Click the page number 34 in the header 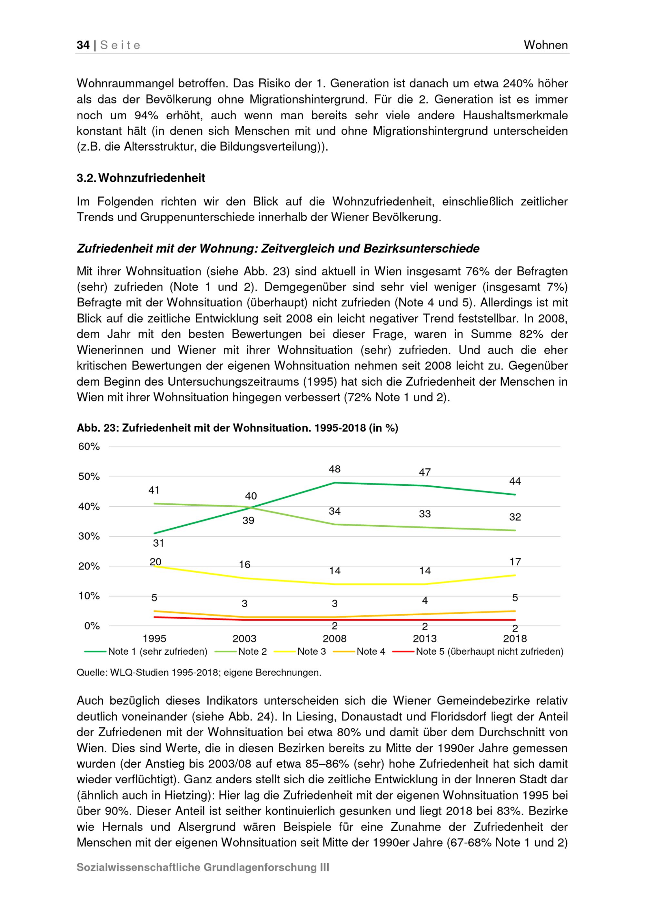tap(83, 45)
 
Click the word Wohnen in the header tap(545, 45)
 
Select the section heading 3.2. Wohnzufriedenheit tap(141, 178)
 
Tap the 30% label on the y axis tap(89, 536)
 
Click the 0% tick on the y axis tap(92, 626)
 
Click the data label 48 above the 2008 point tap(334, 469)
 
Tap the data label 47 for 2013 tap(425, 472)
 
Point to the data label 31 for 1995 tap(158, 543)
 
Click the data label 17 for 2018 tap(515, 562)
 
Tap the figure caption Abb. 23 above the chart tap(237, 428)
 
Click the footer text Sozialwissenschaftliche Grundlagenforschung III tap(203, 867)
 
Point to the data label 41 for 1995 tap(154, 490)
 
